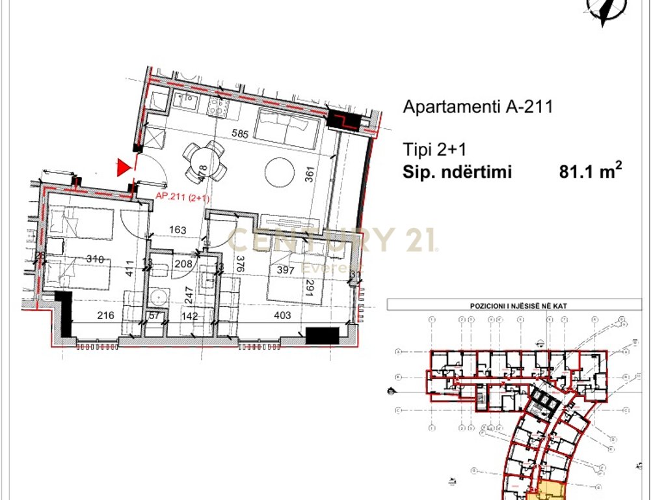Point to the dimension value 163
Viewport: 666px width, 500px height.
coord(178,230)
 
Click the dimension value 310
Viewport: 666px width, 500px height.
coord(96,259)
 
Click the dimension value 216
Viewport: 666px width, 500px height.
coord(105,316)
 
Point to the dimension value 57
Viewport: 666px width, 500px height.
coord(155,316)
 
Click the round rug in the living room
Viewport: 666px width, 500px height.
coord(282,171)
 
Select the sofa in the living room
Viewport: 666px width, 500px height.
coord(286,127)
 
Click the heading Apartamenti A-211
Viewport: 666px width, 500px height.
coord(478,107)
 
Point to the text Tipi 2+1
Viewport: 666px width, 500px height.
coord(434,150)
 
